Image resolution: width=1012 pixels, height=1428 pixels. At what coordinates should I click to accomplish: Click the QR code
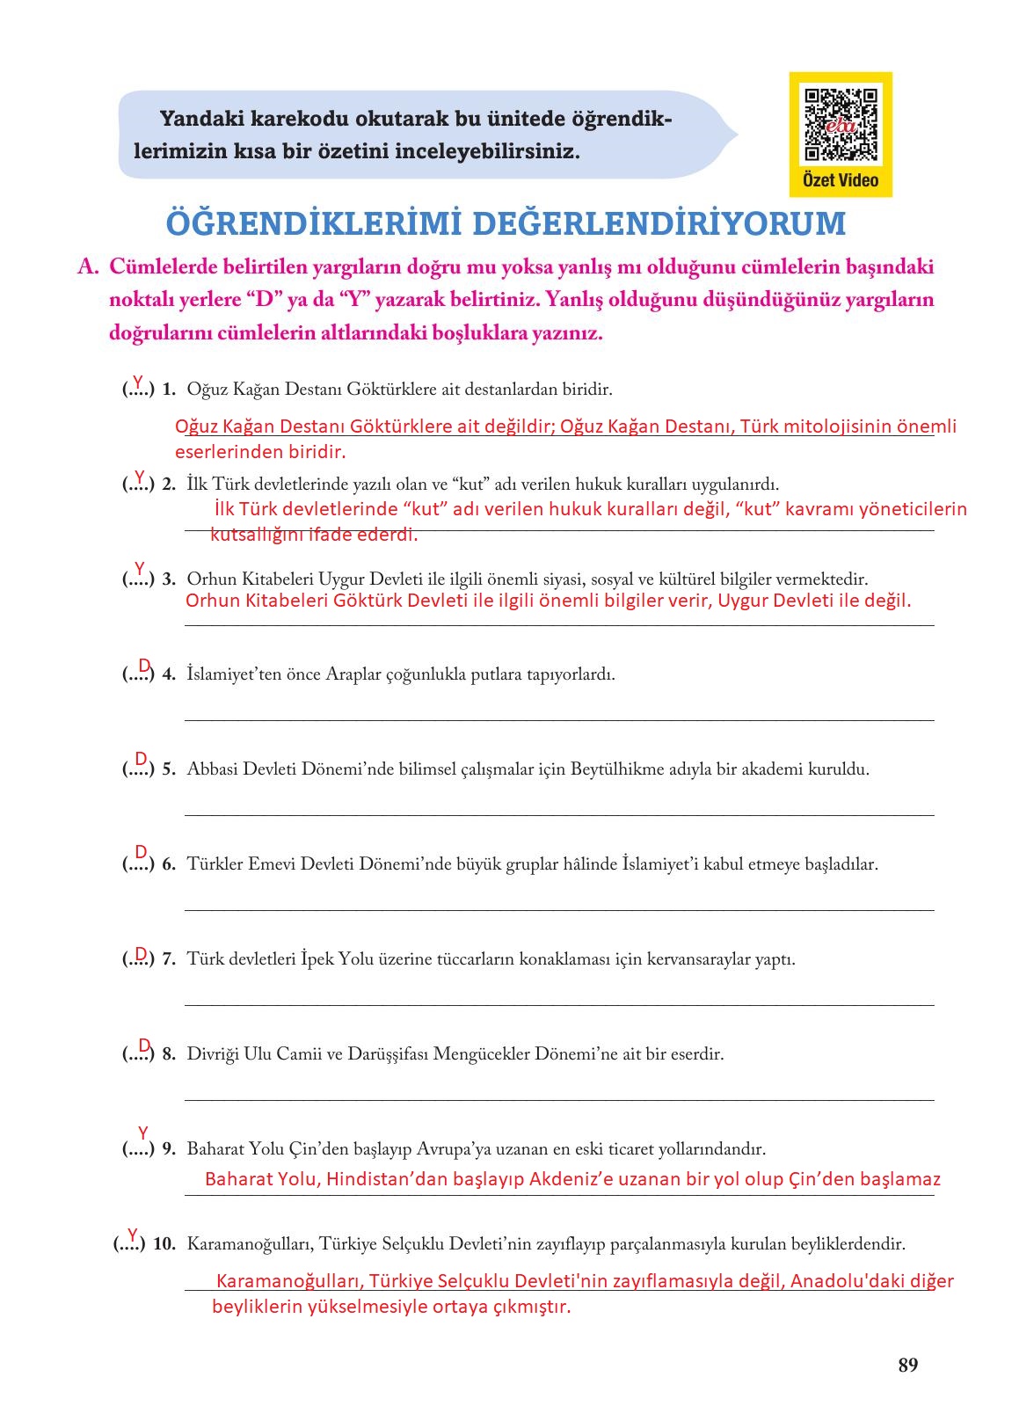[841, 125]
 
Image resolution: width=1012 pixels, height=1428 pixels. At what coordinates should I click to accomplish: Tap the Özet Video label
[841, 180]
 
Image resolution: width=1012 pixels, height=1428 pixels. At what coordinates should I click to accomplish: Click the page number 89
[908, 1365]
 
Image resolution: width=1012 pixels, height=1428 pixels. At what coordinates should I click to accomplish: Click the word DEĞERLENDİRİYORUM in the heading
[659, 224]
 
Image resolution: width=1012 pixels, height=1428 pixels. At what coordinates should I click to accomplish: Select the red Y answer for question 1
[138, 382]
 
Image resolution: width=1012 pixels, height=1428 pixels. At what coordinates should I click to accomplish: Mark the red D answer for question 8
[145, 1045]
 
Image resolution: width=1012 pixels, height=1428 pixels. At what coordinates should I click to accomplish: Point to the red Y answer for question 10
[133, 1235]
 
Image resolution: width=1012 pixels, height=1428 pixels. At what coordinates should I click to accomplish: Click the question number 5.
[169, 769]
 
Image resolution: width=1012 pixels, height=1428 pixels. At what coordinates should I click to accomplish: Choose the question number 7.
[169, 959]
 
